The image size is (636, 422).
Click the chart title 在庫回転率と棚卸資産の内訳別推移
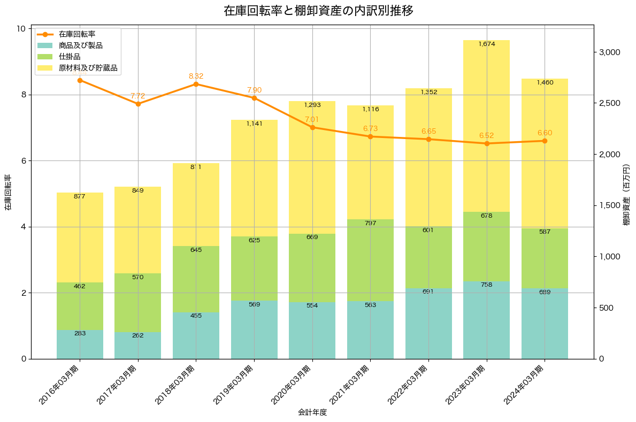(318, 11)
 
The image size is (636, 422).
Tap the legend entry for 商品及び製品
(80, 45)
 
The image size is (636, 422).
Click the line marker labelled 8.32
(196, 84)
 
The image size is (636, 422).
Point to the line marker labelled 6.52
(487, 143)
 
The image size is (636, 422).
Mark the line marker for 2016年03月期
(80, 80)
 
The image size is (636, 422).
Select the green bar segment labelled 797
(370, 260)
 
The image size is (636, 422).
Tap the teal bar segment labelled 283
(80, 344)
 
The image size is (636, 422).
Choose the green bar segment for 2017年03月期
(138, 303)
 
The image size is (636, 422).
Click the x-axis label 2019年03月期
(235, 384)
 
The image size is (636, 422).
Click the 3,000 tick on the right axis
(609, 52)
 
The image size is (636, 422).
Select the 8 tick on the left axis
(23, 95)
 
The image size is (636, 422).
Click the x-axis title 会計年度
(312, 412)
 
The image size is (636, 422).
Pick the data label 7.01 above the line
(312, 119)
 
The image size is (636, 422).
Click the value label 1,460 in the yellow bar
(545, 82)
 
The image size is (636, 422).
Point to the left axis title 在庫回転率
(8, 193)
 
